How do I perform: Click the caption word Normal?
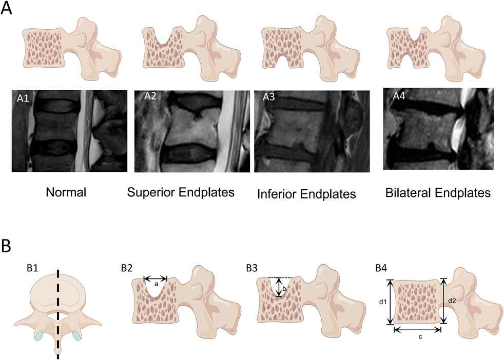coord(65,193)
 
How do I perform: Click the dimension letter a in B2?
coord(155,284)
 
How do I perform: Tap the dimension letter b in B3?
coord(284,289)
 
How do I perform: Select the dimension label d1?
coord(382,302)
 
